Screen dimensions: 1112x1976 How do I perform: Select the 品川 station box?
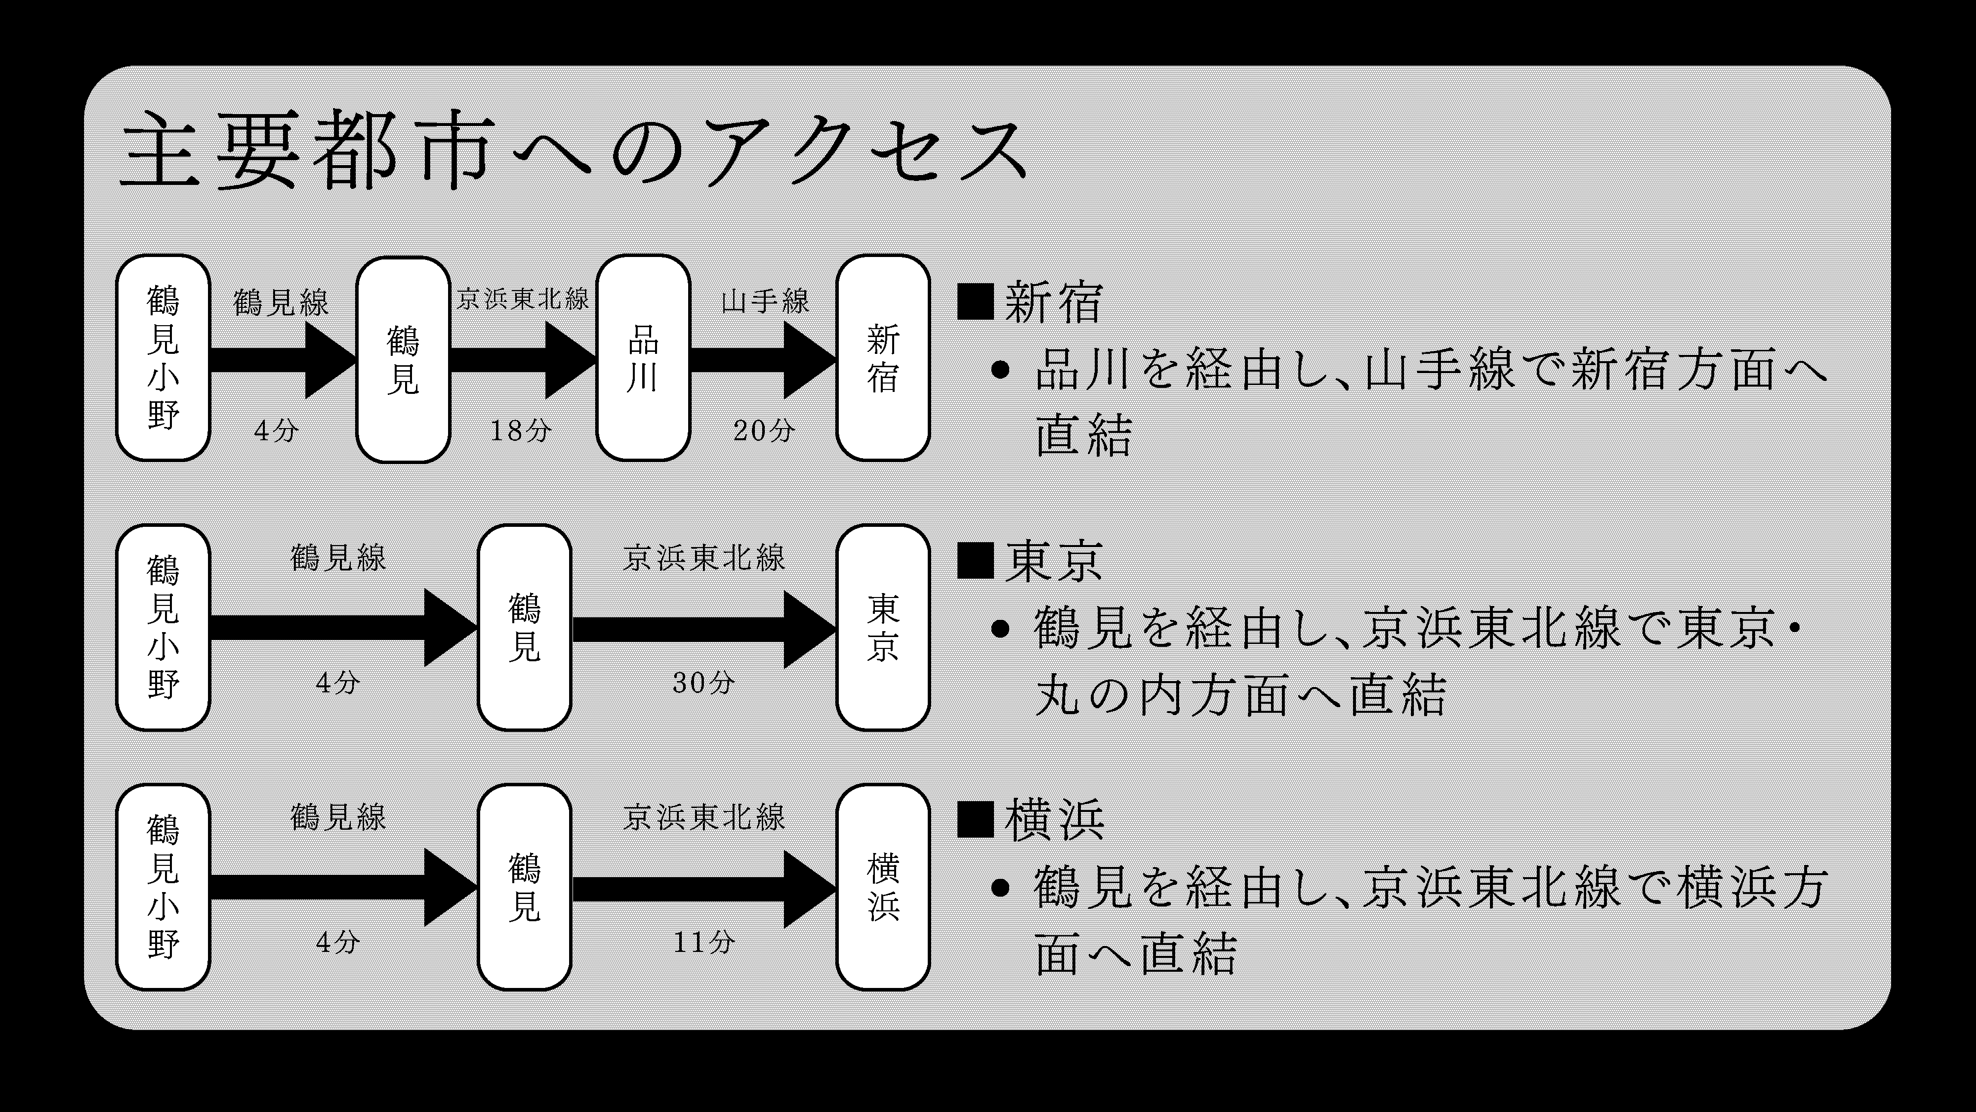(x=643, y=358)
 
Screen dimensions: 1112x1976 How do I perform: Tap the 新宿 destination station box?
(x=883, y=358)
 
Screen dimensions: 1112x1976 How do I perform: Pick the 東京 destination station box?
(x=883, y=628)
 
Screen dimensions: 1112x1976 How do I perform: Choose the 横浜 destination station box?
(x=883, y=887)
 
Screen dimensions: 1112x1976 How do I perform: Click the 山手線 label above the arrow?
(x=765, y=301)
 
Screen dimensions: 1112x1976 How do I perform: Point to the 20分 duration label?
(x=763, y=430)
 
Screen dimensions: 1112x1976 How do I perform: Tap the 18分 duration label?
(x=521, y=430)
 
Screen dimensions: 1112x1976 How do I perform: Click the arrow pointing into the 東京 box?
(x=703, y=629)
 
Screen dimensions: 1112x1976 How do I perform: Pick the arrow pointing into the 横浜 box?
(x=703, y=888)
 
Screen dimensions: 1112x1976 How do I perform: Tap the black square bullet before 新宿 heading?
(x=976, y=301)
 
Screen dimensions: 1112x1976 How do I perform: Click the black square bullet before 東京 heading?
(x=976, y=561)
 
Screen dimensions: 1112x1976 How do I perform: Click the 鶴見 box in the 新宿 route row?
(x=403, y=359)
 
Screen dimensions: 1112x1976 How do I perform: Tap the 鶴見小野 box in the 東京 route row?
(x=163, y=628)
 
